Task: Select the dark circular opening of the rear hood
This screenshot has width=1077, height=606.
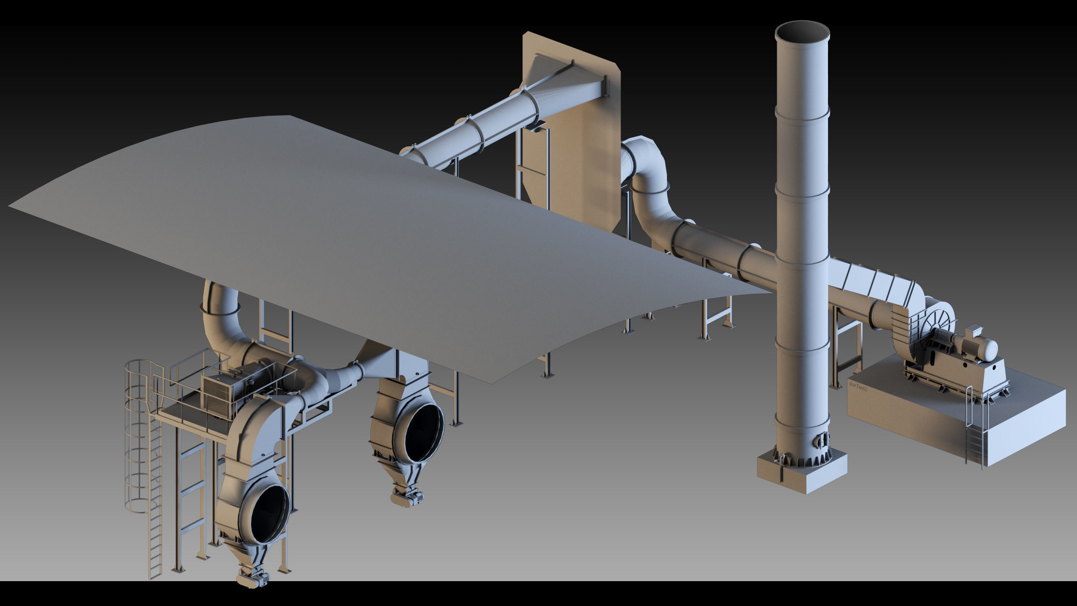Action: click(422, 433)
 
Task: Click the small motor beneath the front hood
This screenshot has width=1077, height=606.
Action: click(253, 578)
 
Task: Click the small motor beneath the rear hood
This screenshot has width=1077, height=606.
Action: click(408, 497)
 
